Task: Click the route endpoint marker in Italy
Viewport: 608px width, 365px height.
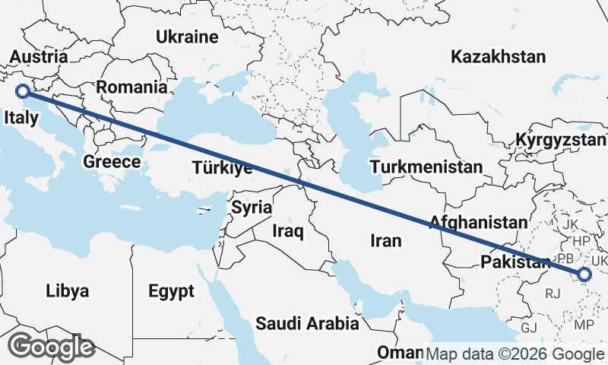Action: pyautogui.click(x=23, y=92)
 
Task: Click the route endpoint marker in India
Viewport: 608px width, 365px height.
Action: pyautogui.click(x=584, y=275)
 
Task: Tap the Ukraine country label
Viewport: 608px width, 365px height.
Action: pyautogui.click(x=187, y=36)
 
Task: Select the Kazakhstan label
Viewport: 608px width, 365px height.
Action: pyautogui.click(x=498, y=56)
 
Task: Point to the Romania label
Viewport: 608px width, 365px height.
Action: pyautogui.click(x=131, y=87)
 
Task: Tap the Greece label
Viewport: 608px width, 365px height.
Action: pyautogui.click(x=112, y=161)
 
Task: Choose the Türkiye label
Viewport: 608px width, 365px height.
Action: pyautogui.click(x=222, y=168)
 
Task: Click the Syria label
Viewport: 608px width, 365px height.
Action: pyautogui.click(x=252, y=207)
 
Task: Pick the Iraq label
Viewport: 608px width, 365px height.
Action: pyautogui.click(x=288, y=230)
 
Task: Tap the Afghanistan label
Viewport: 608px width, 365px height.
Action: pyautogui.click(x=478, y=223)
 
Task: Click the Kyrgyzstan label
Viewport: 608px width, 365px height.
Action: pyautogui.click(x=561, y=141)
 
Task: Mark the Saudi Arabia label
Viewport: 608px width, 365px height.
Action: pyautogui.click(x=307, y=323)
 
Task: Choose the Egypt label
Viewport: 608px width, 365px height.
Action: pyautogui.click(x=171, y=290)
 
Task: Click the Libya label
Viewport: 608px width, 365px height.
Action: pyautogui.click(x=68, y=290)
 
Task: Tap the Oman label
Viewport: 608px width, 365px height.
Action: pyautogui.click(x=400, y=354)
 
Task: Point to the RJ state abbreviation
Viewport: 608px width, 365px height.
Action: pyautogui.click(x=553, y=291)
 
